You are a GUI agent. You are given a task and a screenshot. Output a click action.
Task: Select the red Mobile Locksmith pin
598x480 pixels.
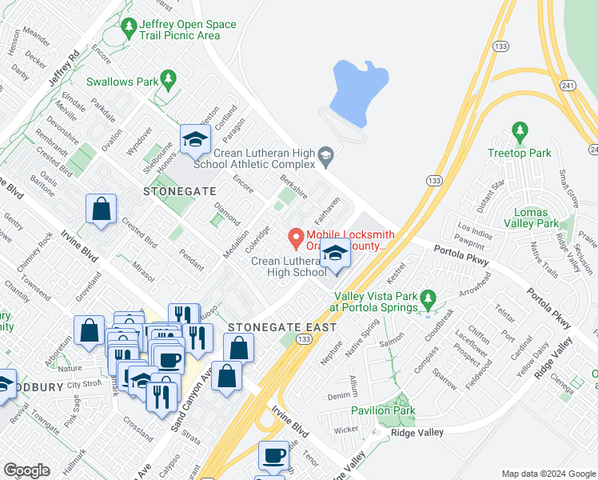pos(295,238)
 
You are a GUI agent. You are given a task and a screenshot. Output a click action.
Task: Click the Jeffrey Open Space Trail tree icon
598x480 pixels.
pos(130,29)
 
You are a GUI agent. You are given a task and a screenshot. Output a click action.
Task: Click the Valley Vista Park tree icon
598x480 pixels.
pos(428,301)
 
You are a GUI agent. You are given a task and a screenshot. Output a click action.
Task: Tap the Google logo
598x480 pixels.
pos(27,470)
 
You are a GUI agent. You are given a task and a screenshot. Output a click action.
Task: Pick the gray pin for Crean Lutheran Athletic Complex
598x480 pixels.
pos(325,154)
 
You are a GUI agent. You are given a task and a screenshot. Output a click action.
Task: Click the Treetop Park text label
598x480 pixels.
pos(520,152)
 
